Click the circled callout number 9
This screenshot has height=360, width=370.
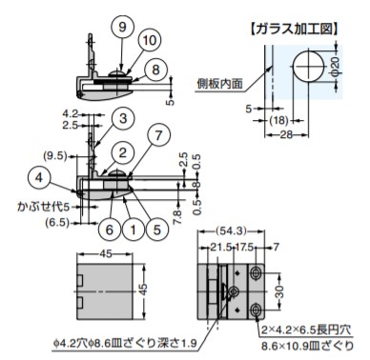click(122, 27)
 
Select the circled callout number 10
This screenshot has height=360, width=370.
click(149, 41)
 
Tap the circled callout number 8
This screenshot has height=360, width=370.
click(155, 70)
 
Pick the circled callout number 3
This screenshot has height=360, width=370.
click(123, 118)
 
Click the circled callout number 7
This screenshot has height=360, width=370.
click(158, 135)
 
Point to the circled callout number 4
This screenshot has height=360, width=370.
click(39, 177)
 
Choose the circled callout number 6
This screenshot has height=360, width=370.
click(109, 230)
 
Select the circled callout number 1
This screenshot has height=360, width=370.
click(133, 230)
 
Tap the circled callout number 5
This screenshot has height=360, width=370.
click(157, 230)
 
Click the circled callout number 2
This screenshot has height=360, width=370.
click(123, 152)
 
